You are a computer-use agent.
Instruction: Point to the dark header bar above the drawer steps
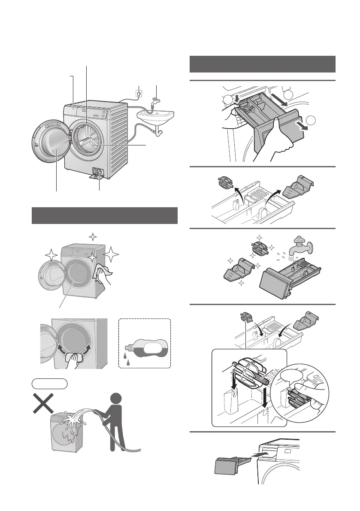tap(262, 64)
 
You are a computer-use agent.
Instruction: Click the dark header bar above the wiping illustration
tap(105, 215)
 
